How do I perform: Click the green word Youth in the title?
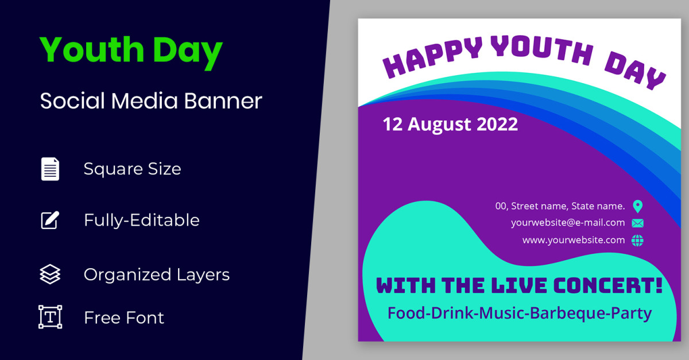coord(92,49)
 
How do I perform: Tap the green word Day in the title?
coord(187,52)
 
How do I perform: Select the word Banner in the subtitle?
coord(223,100)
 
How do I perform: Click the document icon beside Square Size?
coord(50,169)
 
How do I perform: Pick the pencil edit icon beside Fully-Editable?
coord(50,220)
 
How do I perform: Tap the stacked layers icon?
coord(50,274)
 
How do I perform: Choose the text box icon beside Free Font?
coord(50,317)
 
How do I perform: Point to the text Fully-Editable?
coord(142,220)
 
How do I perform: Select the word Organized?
coord(127,275)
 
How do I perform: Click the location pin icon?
coord(638,207)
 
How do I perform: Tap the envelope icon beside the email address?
coord(638,223)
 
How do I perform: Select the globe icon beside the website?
coord(637,241)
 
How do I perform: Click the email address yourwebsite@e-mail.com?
coord(568,223)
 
